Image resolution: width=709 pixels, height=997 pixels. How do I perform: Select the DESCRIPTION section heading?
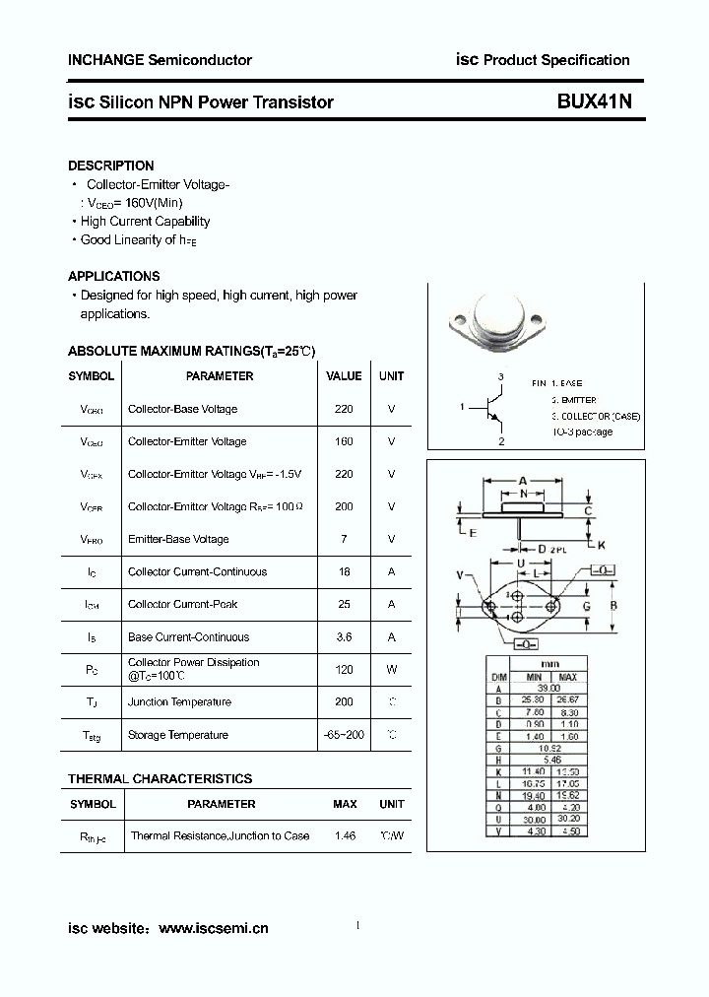pos(110,166)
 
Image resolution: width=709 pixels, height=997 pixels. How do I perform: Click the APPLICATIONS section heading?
pos(113,276)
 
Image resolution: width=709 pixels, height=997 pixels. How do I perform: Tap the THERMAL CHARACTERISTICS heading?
pos(160,778)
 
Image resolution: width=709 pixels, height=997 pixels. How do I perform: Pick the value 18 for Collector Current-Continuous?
pos(344,571)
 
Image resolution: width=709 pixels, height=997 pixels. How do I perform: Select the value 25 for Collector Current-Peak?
pos(344,604)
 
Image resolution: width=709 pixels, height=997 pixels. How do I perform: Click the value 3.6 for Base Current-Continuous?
pos(344,637)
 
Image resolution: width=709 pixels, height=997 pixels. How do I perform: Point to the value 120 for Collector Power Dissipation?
pos(344,669)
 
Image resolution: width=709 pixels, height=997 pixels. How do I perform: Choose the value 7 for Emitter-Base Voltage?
pos(344,539)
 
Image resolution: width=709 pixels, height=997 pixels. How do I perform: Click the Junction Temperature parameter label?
pos(179,702)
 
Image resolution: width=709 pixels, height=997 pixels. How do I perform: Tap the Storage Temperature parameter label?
pos(177,735)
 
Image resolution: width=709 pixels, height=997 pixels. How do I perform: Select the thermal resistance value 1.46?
pos(344,835)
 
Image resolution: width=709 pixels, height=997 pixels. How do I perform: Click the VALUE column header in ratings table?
pos(344,375)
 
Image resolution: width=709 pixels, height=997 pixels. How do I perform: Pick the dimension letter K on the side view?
pos(601,544)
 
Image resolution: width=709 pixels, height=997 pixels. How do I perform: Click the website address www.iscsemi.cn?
pos(213,928)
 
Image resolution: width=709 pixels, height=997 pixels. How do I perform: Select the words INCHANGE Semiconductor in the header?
pos(160,60)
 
